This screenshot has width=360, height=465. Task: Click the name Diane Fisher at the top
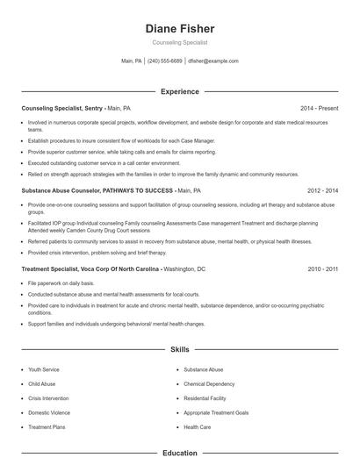179,29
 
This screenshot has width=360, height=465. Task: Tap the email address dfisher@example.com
213,61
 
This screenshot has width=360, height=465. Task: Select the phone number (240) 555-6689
165,61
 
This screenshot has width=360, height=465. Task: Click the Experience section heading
179,91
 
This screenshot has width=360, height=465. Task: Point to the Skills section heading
179,349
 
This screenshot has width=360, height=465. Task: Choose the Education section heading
179,453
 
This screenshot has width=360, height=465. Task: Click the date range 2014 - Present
319,108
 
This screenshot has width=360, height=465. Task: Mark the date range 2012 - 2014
323,190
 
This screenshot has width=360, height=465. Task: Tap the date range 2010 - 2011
323,270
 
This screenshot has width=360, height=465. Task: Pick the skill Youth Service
44,370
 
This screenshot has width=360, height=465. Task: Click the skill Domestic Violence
49,412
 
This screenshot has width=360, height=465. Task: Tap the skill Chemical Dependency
209,384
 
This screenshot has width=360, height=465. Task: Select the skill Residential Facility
205,398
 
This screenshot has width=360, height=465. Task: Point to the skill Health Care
197,426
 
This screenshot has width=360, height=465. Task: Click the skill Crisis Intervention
49,398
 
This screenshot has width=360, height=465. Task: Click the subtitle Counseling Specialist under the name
179,42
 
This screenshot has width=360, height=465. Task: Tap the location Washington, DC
184,270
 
